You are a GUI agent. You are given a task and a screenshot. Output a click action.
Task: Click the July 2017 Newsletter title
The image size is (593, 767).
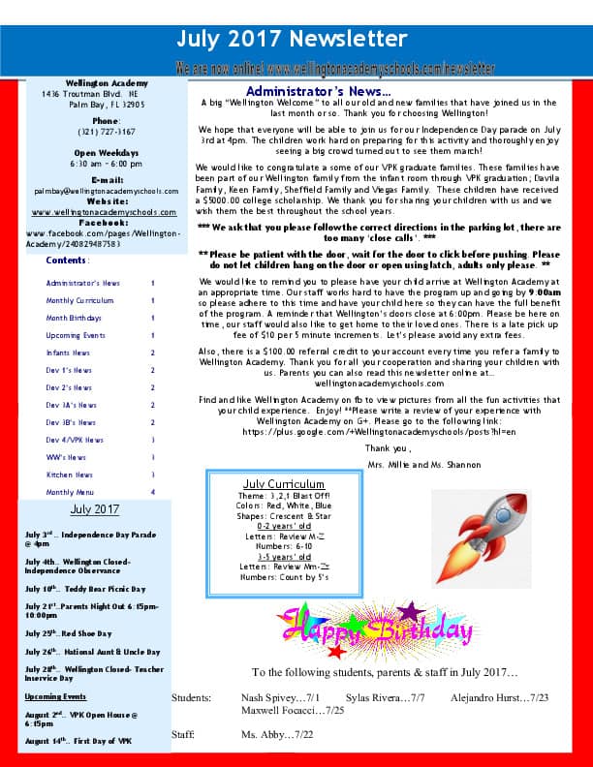pos(292,39)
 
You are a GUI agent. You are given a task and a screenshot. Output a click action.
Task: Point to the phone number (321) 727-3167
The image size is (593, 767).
pos(107,131)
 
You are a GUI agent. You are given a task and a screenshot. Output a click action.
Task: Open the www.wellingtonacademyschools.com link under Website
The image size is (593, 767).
pos(105,212)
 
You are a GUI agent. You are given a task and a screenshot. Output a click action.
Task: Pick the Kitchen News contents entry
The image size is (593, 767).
pos(70,475)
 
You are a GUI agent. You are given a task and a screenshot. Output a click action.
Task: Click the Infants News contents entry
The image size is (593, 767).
pos(69,353)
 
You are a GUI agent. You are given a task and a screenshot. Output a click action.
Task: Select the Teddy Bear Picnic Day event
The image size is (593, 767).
pos(85,589)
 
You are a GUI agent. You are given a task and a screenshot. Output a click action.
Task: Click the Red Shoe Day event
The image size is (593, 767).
pos(75,633)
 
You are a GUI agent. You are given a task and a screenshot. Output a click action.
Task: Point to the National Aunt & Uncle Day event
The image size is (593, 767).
pos(93,652)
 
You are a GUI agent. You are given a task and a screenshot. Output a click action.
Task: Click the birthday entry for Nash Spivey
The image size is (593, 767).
pos(280,697)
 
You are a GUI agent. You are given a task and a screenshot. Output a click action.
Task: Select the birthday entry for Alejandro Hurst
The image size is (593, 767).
pos(499,697)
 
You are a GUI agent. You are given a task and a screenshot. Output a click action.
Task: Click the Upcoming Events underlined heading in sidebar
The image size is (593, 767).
pos(55,696)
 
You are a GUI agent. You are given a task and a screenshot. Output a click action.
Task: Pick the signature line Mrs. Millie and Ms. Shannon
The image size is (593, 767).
pos(411,465)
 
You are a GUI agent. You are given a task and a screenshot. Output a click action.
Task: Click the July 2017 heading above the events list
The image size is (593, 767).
pos(95,509)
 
